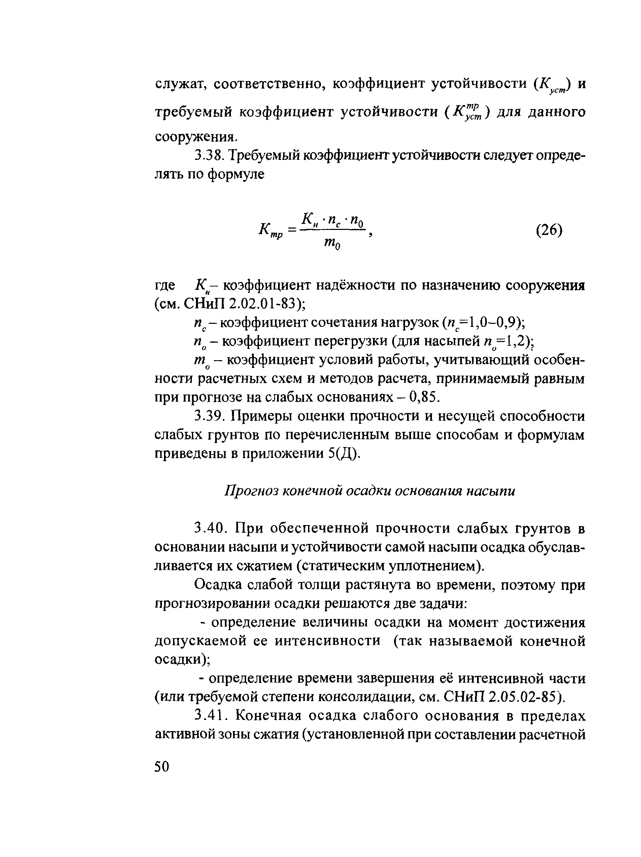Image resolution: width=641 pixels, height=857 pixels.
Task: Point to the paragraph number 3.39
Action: pyautogui.click(x=208, y=416)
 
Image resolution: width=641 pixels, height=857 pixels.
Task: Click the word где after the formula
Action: pyautogui.click(x=165, y=286)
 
